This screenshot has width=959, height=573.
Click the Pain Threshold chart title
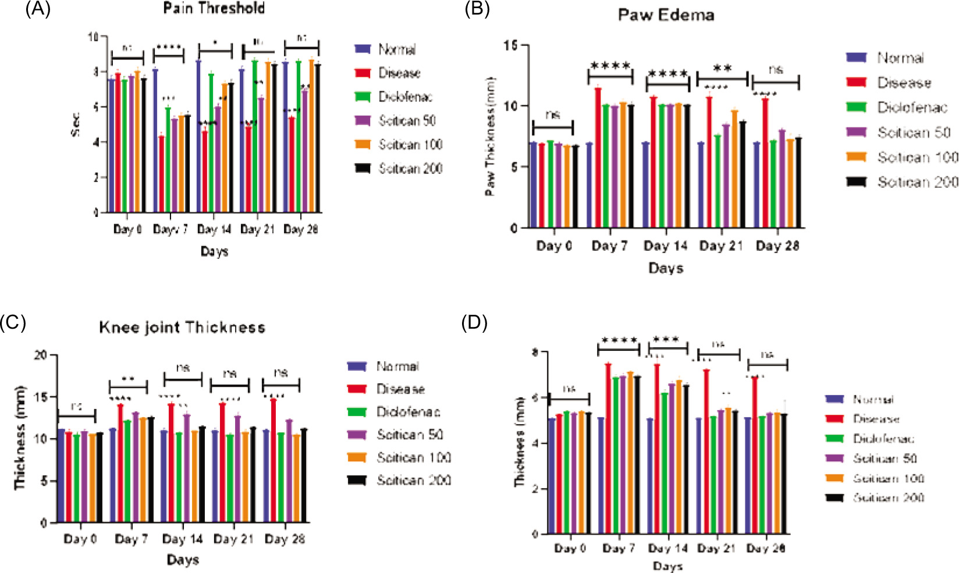[214, 8]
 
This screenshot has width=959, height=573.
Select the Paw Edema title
[666, 15]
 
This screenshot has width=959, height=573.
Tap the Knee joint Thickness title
[182, 328]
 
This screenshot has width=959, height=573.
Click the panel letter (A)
[38, 9]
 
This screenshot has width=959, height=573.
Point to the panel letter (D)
[474, 323]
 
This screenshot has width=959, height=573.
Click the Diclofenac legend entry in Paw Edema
[912, 108]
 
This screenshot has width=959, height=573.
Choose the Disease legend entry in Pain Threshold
[399, 73]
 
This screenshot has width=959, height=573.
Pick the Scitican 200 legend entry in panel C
[413, 480]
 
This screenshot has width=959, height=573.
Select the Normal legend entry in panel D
[873, 399]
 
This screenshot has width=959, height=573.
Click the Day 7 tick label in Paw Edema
[609, 246]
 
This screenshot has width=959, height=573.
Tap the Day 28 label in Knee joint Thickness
[285, 539]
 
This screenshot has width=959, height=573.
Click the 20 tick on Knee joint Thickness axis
[41, 355]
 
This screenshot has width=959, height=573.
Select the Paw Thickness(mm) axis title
[491, 136]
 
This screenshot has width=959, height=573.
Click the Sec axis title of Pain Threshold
[76, 124]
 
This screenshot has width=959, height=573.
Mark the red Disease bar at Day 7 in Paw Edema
[598, 157]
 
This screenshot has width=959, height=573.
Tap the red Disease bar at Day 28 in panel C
[273, 460]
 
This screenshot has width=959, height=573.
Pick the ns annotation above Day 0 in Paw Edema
[553, 115]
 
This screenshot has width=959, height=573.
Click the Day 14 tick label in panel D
[667, 549]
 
